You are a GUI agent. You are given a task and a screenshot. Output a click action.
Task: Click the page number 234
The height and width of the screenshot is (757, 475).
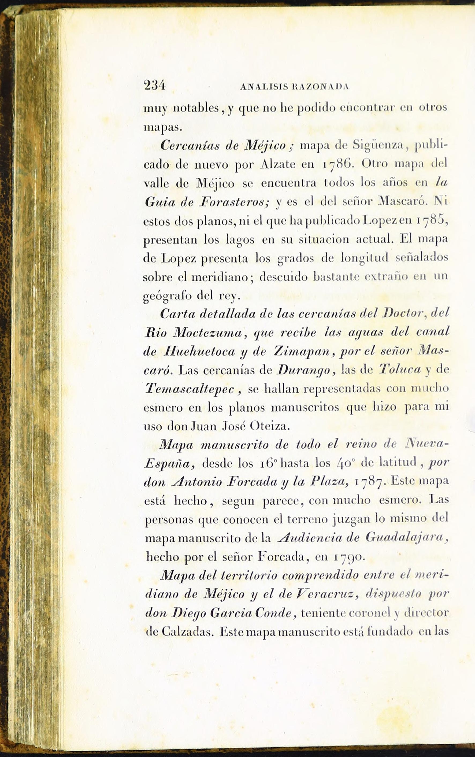pos(154,86)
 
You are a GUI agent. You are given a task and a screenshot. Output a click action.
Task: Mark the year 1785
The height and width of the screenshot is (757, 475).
pos(432,221)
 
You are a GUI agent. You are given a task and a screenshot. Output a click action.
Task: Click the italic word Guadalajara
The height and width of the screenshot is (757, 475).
pos(406,538)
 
